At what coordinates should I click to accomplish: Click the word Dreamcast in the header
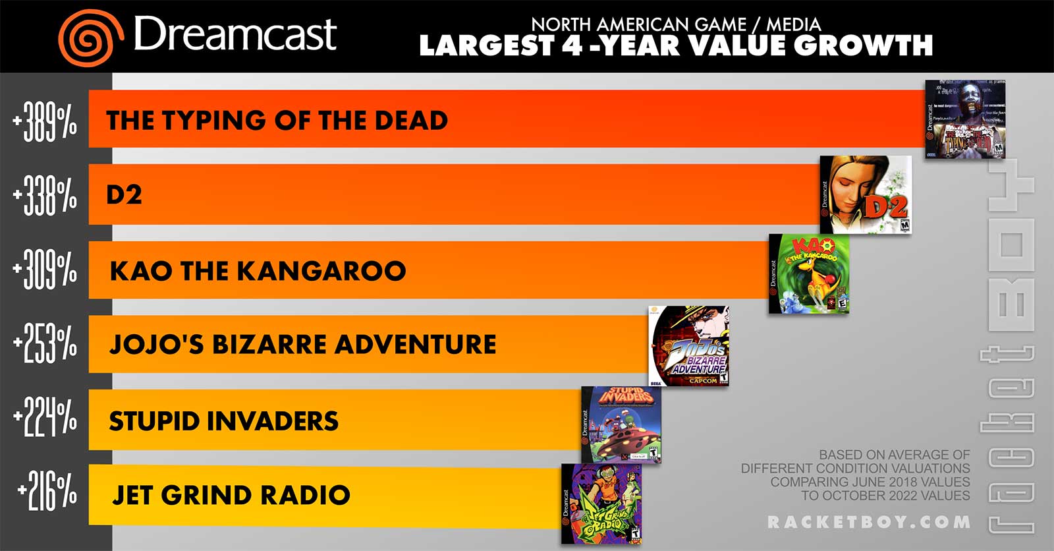(x=235, y=34)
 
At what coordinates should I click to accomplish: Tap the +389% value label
(x=44, y=121)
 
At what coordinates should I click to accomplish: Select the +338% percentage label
(x=44, y=196)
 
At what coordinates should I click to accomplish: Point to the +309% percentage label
(x=44, y=270)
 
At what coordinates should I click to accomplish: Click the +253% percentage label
(x=44, y=344)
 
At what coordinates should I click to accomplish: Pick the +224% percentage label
(x=44, y=419)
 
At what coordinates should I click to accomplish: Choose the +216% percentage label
(x=47, y=493)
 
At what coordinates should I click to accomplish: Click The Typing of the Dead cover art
(x=965, y=119)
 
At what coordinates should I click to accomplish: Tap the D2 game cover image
(x=866, y=195)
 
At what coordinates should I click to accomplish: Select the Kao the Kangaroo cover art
(x=809, y=274)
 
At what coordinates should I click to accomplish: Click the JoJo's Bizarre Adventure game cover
(x=688, y=345)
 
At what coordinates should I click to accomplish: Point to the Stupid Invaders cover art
(x=621, y=424)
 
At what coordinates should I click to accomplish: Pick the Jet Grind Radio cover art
(x=601, y=503)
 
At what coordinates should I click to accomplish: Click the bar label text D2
(x=124, y=195)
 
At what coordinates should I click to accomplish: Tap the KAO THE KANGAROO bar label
(x=258, y=271)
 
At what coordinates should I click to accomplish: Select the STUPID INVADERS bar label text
(x=223, y=421)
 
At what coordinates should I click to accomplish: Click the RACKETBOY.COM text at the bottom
(x=869, y=522)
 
